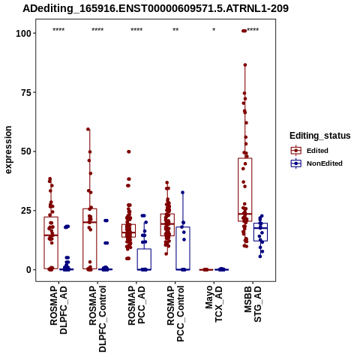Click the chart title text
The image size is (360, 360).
155,8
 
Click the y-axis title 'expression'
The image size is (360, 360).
8,150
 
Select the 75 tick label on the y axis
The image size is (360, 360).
26,92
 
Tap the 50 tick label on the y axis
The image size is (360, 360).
26,151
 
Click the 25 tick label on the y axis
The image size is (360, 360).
26,211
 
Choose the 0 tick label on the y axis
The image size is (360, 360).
29,270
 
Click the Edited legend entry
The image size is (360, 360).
309,151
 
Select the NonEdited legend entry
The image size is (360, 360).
316,163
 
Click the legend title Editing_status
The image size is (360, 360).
320,136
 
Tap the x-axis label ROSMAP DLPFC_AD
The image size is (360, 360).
58,310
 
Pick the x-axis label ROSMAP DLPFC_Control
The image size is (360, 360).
97,319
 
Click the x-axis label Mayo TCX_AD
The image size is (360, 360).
214,304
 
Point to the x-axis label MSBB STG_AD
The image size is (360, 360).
253,304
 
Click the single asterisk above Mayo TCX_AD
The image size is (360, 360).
214,30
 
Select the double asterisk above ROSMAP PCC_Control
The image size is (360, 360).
175,30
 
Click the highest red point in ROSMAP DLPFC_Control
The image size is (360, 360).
88,129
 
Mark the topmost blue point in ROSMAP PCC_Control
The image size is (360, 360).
183,193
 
